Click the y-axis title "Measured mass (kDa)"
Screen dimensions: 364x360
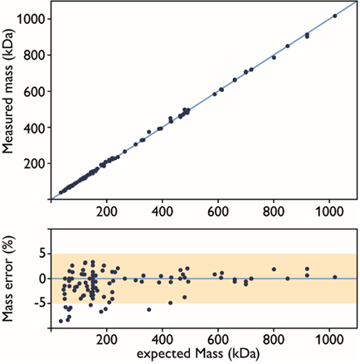click(10, 101)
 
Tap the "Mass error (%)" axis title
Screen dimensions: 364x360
click(10, 279)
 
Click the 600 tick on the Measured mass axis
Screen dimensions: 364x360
click(34, 91)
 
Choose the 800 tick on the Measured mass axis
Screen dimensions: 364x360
click(34, 55)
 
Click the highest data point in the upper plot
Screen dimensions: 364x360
click(334, 16)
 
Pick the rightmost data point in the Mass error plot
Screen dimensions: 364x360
click(334, 277)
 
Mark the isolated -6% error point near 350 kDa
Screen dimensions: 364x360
click(149, 309)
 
